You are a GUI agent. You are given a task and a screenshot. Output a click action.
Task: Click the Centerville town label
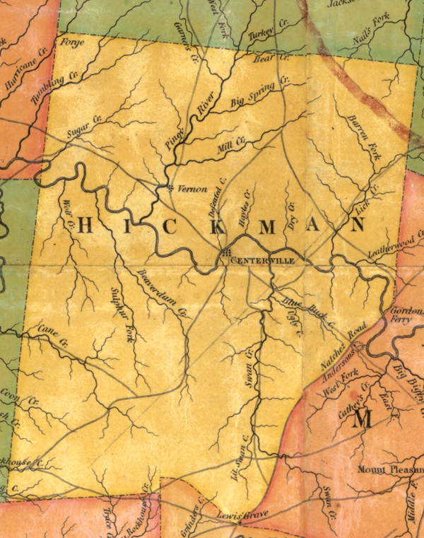(x=263, y=260)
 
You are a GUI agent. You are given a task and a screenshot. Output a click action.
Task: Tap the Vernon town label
(x=192, y=189)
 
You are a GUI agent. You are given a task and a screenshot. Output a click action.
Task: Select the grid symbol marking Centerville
(x=225, y=252)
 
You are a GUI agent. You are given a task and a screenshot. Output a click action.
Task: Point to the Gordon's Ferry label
(x=406, y=315)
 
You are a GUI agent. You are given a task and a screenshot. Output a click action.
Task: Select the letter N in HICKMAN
(x=358, y=226)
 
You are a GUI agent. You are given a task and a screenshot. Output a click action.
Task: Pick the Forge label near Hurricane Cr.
(x=73, y=43)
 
